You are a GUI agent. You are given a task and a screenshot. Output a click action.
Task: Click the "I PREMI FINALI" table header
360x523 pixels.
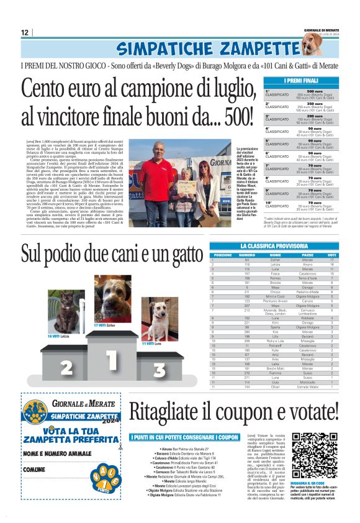point(302,81)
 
